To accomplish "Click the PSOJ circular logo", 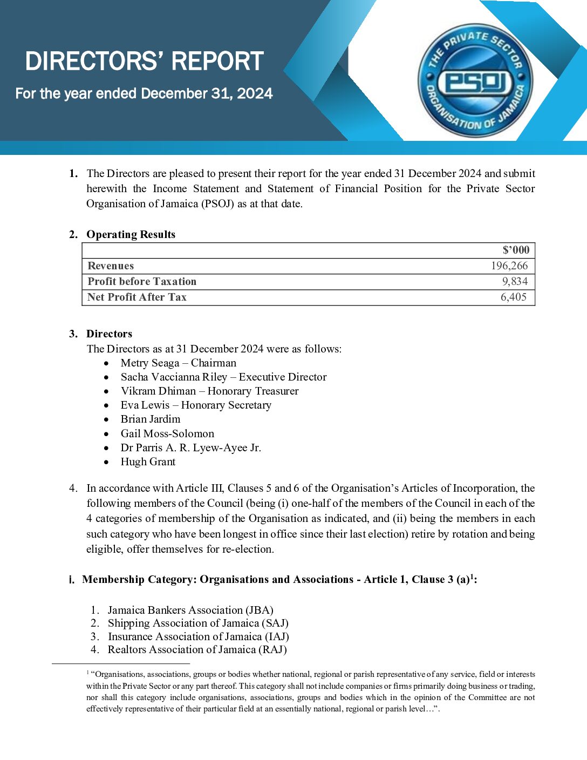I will tap(475, 83).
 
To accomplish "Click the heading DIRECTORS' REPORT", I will tap(144, 61).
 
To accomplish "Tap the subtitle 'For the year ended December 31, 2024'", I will tap(144, 93).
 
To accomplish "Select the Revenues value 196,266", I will tap(509, 266).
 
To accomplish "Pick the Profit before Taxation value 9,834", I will tap(515, 281).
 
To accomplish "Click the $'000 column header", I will tap(516, 250).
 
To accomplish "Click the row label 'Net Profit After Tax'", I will tap(137, 297).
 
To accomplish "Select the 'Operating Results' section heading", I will tap(131, 234).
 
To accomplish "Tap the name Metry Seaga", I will tap(150, 363).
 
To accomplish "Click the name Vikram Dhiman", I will tap(158, 391).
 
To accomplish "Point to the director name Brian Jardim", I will tap(151, 419).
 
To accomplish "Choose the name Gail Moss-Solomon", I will tap(167, 433).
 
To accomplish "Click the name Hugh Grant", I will tap(148, 462).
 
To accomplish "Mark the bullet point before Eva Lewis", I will tap(107, 405).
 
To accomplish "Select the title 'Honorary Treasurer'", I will tap(253, 391).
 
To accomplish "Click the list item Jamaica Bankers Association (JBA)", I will tap(190, 610).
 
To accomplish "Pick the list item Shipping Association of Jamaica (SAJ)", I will tap(198, 623).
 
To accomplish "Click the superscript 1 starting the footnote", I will tap(88, 672).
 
